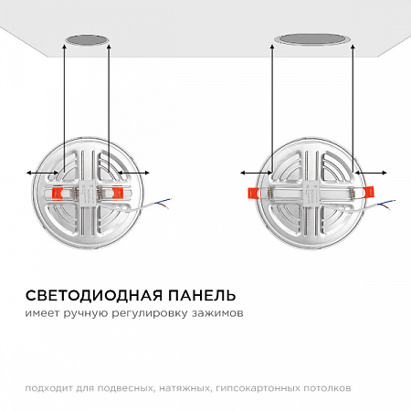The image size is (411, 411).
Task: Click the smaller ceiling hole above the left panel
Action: click(x=85, y=41)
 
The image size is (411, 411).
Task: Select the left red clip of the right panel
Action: click(x=252, y=192)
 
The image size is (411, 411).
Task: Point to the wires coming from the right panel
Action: click(x=388, y=202)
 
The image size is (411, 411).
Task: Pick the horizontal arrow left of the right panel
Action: click(x=254, y=171)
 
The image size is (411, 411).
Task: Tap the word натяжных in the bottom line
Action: click(x=188, y=389)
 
